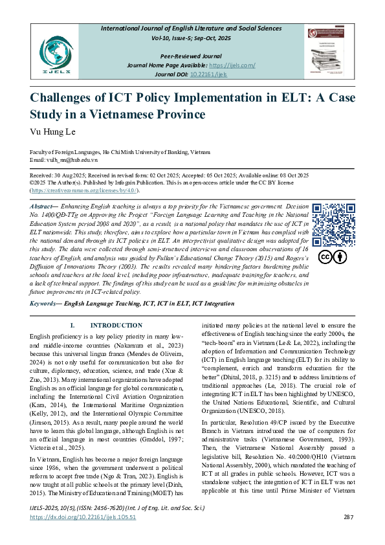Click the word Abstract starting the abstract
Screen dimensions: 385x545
[x=42, y=206]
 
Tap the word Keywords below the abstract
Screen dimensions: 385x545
[x=45, y=302]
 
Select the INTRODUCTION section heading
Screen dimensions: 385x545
[x=116, y=325]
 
